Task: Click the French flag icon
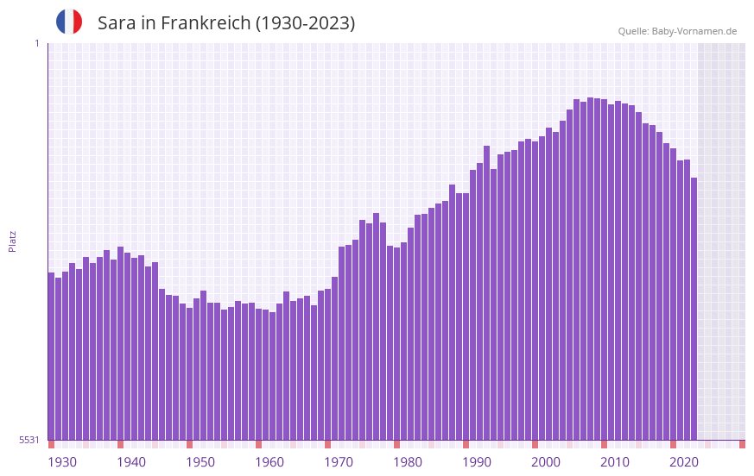coord(69,22)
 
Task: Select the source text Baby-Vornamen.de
coord(694,31)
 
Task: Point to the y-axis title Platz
coord(12,241)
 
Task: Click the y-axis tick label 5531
coord(29,440)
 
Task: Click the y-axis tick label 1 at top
coord(36,43)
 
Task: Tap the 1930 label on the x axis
coord(62,462)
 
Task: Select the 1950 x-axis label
coord(200,462)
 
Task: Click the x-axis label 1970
coord(339,462)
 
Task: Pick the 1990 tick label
coord(477,462)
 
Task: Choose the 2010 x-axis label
coord(615,462)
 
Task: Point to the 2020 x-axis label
coord(684,462)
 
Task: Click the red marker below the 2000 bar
coord(535,444)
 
